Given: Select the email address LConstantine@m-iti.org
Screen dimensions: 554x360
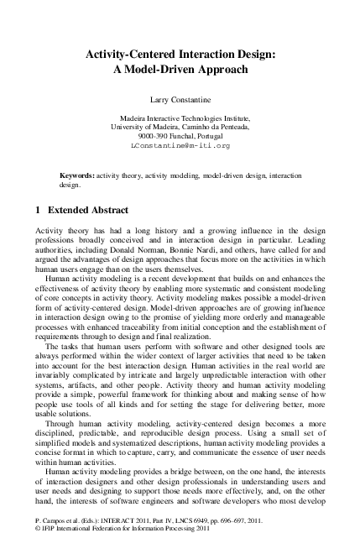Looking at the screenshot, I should pos(180,145).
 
